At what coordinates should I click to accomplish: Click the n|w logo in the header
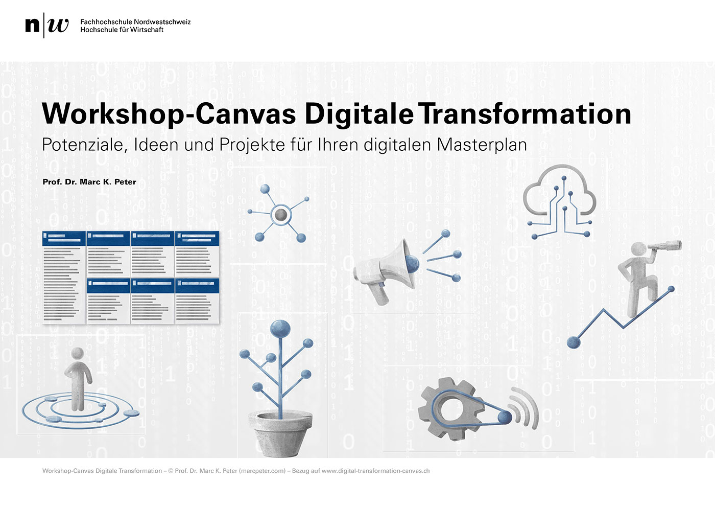point(46,25)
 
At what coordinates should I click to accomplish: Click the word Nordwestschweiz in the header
point(162,22)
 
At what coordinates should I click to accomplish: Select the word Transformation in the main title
point(525,113)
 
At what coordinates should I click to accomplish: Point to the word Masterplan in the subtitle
point(482,145)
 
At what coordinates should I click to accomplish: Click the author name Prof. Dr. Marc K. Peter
point(89,182)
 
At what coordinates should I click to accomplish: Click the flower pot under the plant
point(280,433)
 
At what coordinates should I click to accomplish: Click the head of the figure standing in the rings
point(78,353)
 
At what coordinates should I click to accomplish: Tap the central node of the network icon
point(280,215)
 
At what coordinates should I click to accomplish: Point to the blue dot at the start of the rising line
point(574,342)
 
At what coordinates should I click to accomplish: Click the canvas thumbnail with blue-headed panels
point(131,277)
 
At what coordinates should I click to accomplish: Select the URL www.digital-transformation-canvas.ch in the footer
point(375,471)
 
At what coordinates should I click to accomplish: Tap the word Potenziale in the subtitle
point(83,145)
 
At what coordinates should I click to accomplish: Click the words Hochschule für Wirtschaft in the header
point(122,30)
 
